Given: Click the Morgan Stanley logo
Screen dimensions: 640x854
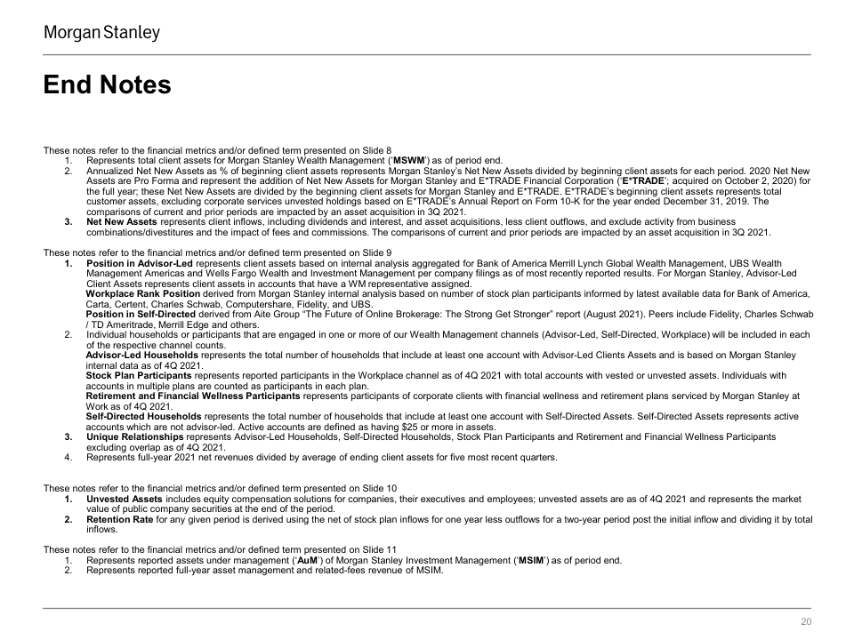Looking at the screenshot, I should pyautogui.click(x=102, y=34).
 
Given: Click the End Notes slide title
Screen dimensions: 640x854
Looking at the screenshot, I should pyautogui.click(x=107, y=85).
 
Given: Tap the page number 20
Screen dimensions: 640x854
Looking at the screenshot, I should pyautogui.click(x=807, y=622).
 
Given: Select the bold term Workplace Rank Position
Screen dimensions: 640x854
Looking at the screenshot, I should pyautogui.click(x=142, y=293).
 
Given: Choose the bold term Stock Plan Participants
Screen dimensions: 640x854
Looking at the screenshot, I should pyautogui.click(x=137, y=376).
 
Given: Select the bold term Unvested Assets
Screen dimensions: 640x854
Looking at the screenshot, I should pyautogui.click(x=125, y=499).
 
